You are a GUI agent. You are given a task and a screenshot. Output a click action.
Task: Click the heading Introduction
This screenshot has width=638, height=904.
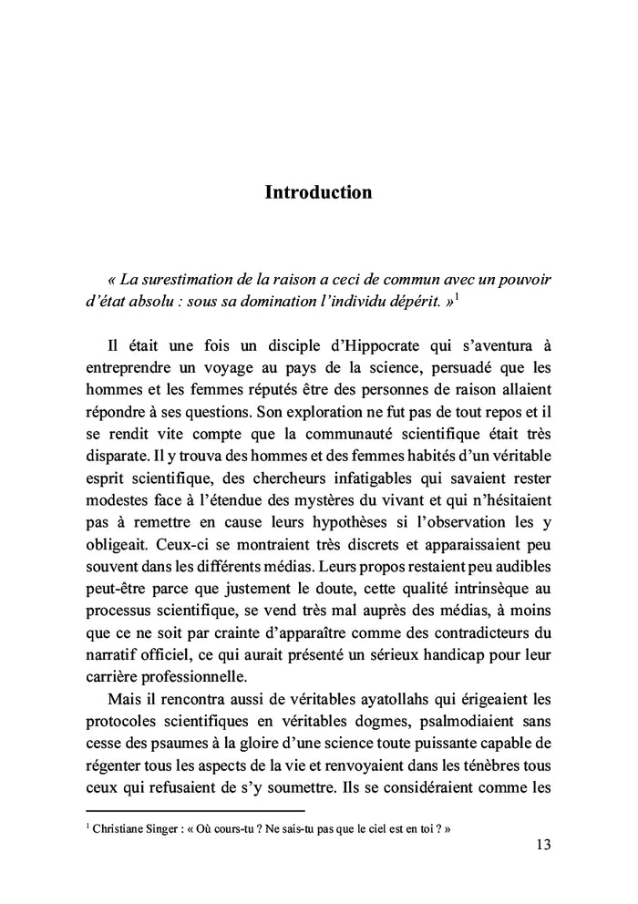(318, 192)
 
